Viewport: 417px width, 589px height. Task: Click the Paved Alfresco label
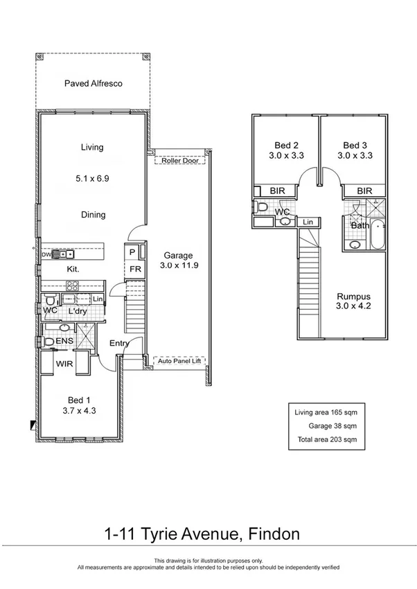[x=93, y=83]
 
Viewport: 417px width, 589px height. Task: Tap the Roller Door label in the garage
[x=179, y=161]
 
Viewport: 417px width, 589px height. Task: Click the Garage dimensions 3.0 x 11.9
[x=179, y=265]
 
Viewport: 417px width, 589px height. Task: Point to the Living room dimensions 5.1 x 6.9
[x=92, y=178]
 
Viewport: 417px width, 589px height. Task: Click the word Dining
[x=92, y=215]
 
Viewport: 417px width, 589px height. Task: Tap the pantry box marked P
[x=132, y=252]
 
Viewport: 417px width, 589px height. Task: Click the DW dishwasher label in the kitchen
[x=46, y=254]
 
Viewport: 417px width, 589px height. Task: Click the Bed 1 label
[x=78, y=400]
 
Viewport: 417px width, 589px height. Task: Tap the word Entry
[x=120, y=344]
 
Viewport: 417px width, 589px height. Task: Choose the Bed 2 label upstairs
[x=286, y=145]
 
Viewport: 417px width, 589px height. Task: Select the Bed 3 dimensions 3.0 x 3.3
[x=355, y=156]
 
